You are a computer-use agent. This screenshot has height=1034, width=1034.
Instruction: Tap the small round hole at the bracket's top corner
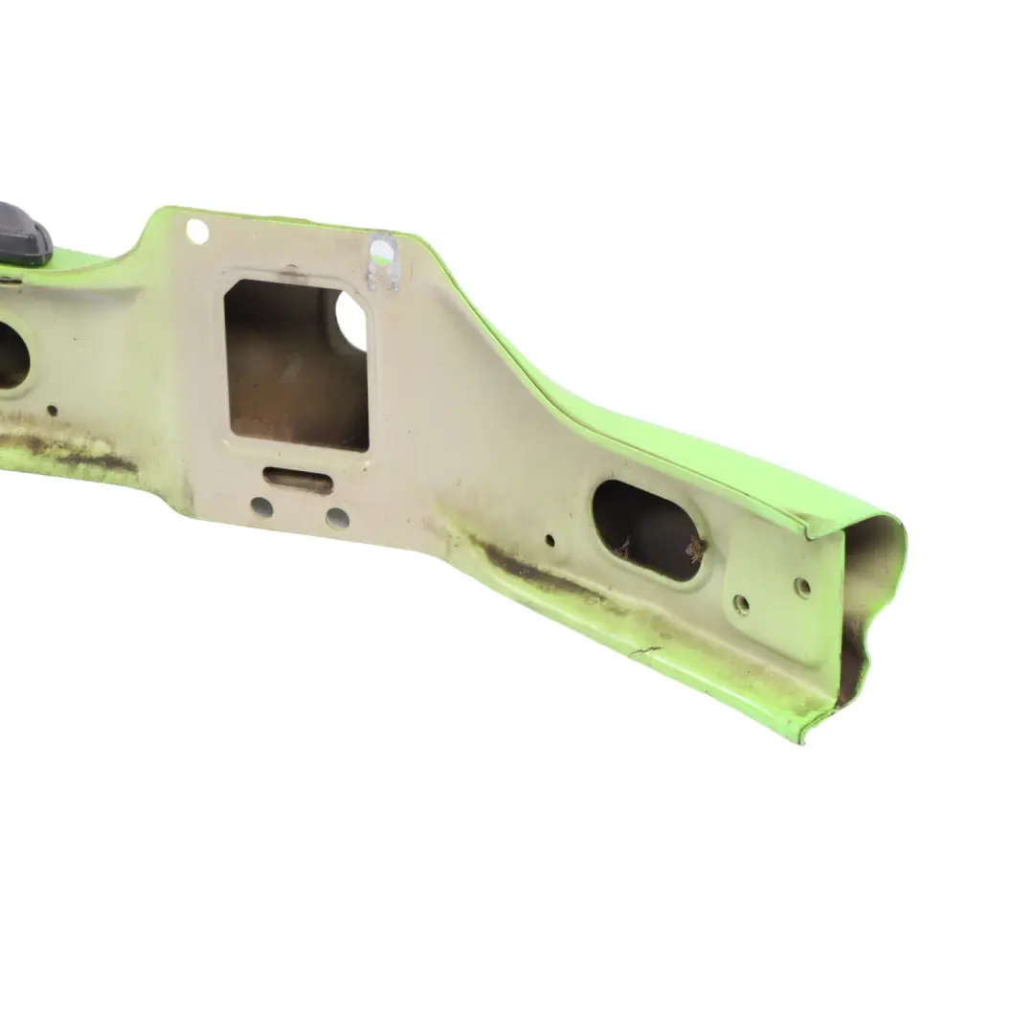click(197, 231)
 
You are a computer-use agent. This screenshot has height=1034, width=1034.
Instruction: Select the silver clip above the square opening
click(382, 258)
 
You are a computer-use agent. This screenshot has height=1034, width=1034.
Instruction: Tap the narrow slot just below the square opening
click(298, 478)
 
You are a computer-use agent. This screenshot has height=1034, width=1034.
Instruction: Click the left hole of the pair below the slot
click(261, 506)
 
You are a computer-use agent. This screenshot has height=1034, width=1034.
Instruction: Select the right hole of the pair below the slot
click(337, 518)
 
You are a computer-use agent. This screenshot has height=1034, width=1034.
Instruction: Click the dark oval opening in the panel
click(647, 529)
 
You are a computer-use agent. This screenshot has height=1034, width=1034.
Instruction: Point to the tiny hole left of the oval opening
click(550, 540)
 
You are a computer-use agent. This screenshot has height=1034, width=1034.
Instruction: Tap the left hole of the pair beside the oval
click(741, 604)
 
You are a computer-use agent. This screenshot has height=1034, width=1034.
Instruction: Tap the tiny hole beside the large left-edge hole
click(52, 410)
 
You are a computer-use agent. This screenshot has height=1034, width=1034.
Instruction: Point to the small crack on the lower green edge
click(643, 652)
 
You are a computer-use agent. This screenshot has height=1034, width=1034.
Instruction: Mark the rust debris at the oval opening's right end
click(694, 549)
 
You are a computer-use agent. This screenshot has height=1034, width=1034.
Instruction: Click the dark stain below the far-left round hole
click(77, 456)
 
